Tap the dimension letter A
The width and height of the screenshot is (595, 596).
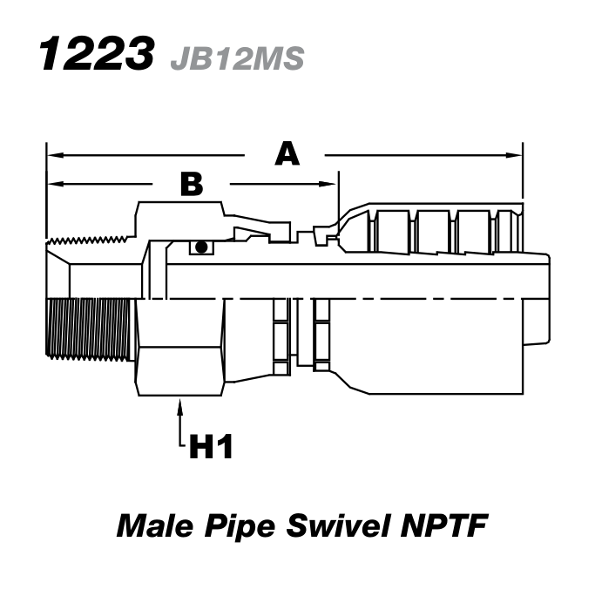point(287,154)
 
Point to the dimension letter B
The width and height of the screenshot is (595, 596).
point(191,184)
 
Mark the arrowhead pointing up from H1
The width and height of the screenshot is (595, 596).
point(180,404)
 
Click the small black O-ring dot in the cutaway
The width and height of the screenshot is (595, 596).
point(201,247)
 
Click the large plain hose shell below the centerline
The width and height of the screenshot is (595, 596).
point(436,349)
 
